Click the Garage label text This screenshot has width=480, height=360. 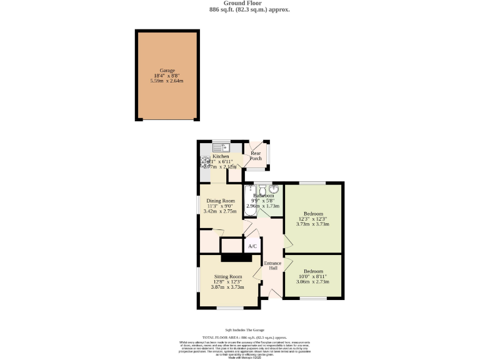(167, 71)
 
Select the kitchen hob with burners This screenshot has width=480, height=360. (205, 162)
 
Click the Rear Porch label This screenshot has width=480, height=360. (256, 156)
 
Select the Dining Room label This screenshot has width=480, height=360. (221, 201)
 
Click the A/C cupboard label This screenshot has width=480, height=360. (252, 246)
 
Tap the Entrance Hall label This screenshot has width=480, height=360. (272, 266)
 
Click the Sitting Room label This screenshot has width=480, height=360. (227, 276)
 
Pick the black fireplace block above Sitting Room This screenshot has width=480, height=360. (236, 257)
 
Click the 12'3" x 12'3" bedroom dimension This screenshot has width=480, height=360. (312, 219)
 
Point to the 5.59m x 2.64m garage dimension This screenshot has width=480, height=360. (167, 81)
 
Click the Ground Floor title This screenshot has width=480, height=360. (239, 4)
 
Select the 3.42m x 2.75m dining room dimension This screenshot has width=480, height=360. (221, 212)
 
